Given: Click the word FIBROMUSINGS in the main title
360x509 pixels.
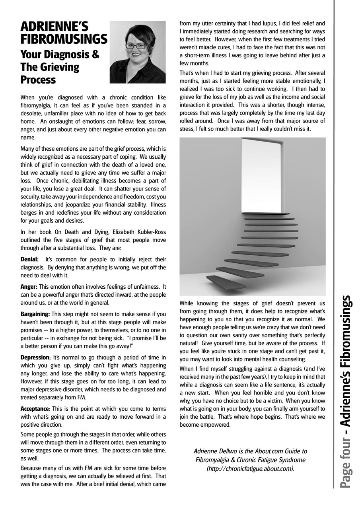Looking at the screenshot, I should coord(64,40).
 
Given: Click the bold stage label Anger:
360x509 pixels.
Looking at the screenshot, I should coord(29,287).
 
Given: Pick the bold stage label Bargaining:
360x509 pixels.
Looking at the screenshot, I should coord(35,314).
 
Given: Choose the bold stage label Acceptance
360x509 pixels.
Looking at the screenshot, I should coord(34,408).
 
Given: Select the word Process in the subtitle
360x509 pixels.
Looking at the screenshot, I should coord(38,80).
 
